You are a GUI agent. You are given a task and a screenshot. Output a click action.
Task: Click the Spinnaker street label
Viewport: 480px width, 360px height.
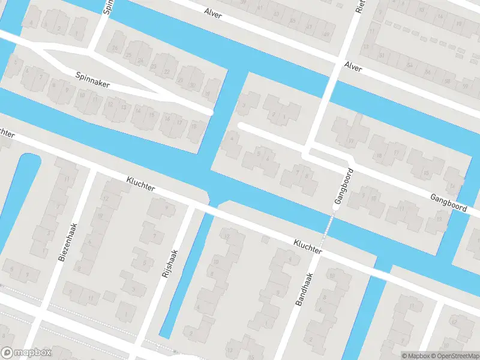pyautogui.click(x=92, y=80)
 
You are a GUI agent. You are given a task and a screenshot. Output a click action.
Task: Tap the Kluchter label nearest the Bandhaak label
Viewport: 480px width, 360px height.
pyautogui.click(x=308, y=247)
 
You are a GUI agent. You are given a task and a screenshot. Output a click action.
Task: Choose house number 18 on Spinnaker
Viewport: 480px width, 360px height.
pyautogui.click(x=193, y=126)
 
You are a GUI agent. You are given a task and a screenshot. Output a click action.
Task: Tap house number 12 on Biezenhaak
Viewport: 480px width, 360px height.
pyautogui.click(x=106, y=198)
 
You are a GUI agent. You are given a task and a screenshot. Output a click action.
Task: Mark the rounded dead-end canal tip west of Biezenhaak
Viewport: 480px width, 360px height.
pyautogui.click(x=27, y=158)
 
